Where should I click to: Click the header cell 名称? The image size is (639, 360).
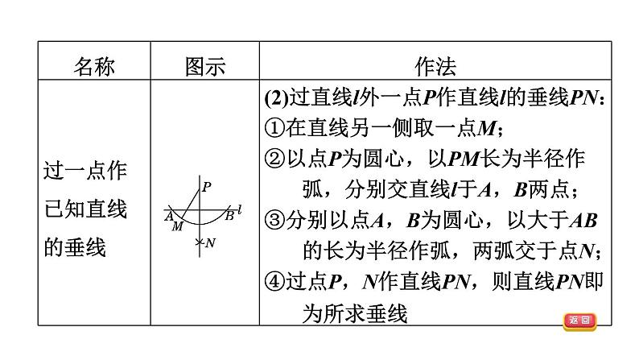pos(94,65)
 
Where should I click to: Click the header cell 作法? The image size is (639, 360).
pos(435,65)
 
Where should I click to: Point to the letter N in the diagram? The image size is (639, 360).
pos(210,242)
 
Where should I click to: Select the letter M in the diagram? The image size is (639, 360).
pos(177,227)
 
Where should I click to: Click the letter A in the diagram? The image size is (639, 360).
pos(169,216)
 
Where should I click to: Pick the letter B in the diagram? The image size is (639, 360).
pos(229,215)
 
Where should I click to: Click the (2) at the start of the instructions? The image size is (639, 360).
pos(276,97)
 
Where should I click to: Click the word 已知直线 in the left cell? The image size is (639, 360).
pos(85,210)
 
